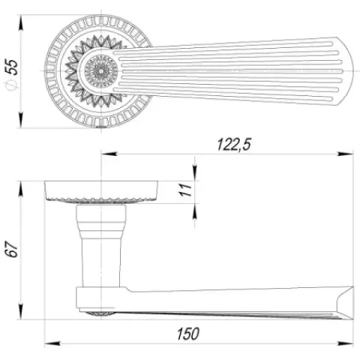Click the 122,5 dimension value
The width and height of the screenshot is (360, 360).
(x=234, y=144)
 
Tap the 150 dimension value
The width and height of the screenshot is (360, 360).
(x=188, y=334)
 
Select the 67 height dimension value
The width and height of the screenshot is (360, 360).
(x=12, y=249)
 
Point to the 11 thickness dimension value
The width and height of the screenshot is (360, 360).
(x=185, y=190)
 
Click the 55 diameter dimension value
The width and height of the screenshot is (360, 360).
(x=12, y=67)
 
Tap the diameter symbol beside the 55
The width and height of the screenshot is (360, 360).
(x=10, y=86)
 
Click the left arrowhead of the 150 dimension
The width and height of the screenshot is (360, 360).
(x=52, y=343)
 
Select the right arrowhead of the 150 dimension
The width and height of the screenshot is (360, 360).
(x=345, y=343)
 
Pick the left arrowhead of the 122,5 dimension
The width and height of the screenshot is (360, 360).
(x=109, y=154)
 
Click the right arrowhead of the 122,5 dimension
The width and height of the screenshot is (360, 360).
(x=345, y=154)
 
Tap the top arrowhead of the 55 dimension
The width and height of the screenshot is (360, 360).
(x=21, y=23)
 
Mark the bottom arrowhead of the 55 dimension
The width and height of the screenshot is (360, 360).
(x=21, y=120)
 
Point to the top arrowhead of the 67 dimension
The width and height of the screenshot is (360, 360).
(x=21, y=189)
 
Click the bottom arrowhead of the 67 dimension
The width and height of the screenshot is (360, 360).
(x=21, y=311)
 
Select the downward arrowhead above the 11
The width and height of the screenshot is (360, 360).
(x=195, y=172)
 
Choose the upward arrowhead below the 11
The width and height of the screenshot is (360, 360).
(x=195, y=211)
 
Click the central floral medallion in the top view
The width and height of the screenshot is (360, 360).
(x=101, y=70)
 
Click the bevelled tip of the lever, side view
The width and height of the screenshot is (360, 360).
(x=346, y=303)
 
